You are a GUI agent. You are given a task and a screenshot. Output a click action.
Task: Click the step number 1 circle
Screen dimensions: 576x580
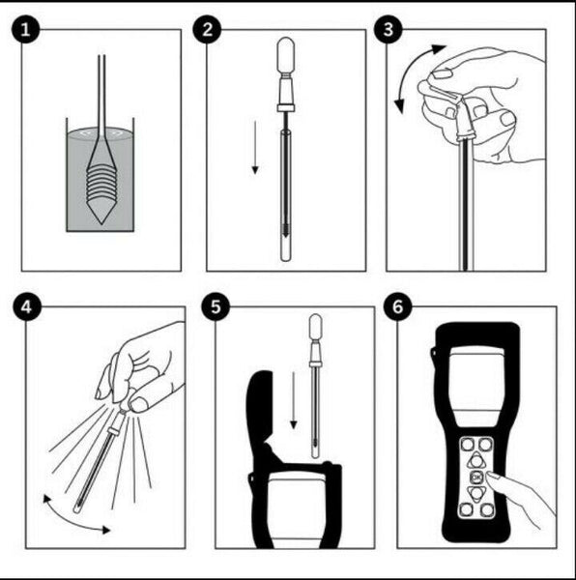pyautogui.click(x=25, y=29)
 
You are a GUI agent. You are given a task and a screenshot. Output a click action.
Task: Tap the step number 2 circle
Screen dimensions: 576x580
pyautogui.click(x=208, y=29)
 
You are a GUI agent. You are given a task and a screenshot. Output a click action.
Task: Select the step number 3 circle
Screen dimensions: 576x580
pyautogui.click(x=389, y=29)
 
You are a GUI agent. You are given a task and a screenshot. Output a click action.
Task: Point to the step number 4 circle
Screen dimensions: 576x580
pyautogui.click(x=27, y=306)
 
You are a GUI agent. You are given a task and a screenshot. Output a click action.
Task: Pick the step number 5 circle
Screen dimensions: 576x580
pyautogui.click(x=216, y=306)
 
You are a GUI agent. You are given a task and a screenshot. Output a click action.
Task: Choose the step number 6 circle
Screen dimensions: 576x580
pyautogui.click(x=397, y=306)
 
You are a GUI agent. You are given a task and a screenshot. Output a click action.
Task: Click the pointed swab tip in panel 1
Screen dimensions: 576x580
pyautogui.click(x=101, y=223)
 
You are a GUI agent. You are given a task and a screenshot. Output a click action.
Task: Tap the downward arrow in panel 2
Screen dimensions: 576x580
pyautogui.click(x=255, y=147)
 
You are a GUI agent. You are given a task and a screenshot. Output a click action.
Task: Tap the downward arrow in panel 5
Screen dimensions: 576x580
pyautogui.click(x=294, y=400)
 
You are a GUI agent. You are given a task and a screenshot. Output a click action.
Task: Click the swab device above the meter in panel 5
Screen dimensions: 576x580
pyautogui.click(x=315, y=386)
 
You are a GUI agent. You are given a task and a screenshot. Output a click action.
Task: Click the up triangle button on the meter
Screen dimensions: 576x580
pyautogui.click(x=476, y=461)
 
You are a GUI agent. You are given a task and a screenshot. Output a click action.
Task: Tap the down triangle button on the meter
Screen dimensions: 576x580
pyautogui.click(x=476, y=493)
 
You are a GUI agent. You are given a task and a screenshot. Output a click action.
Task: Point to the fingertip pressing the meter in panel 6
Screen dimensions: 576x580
pyautogui.click(x=490, y=477)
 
